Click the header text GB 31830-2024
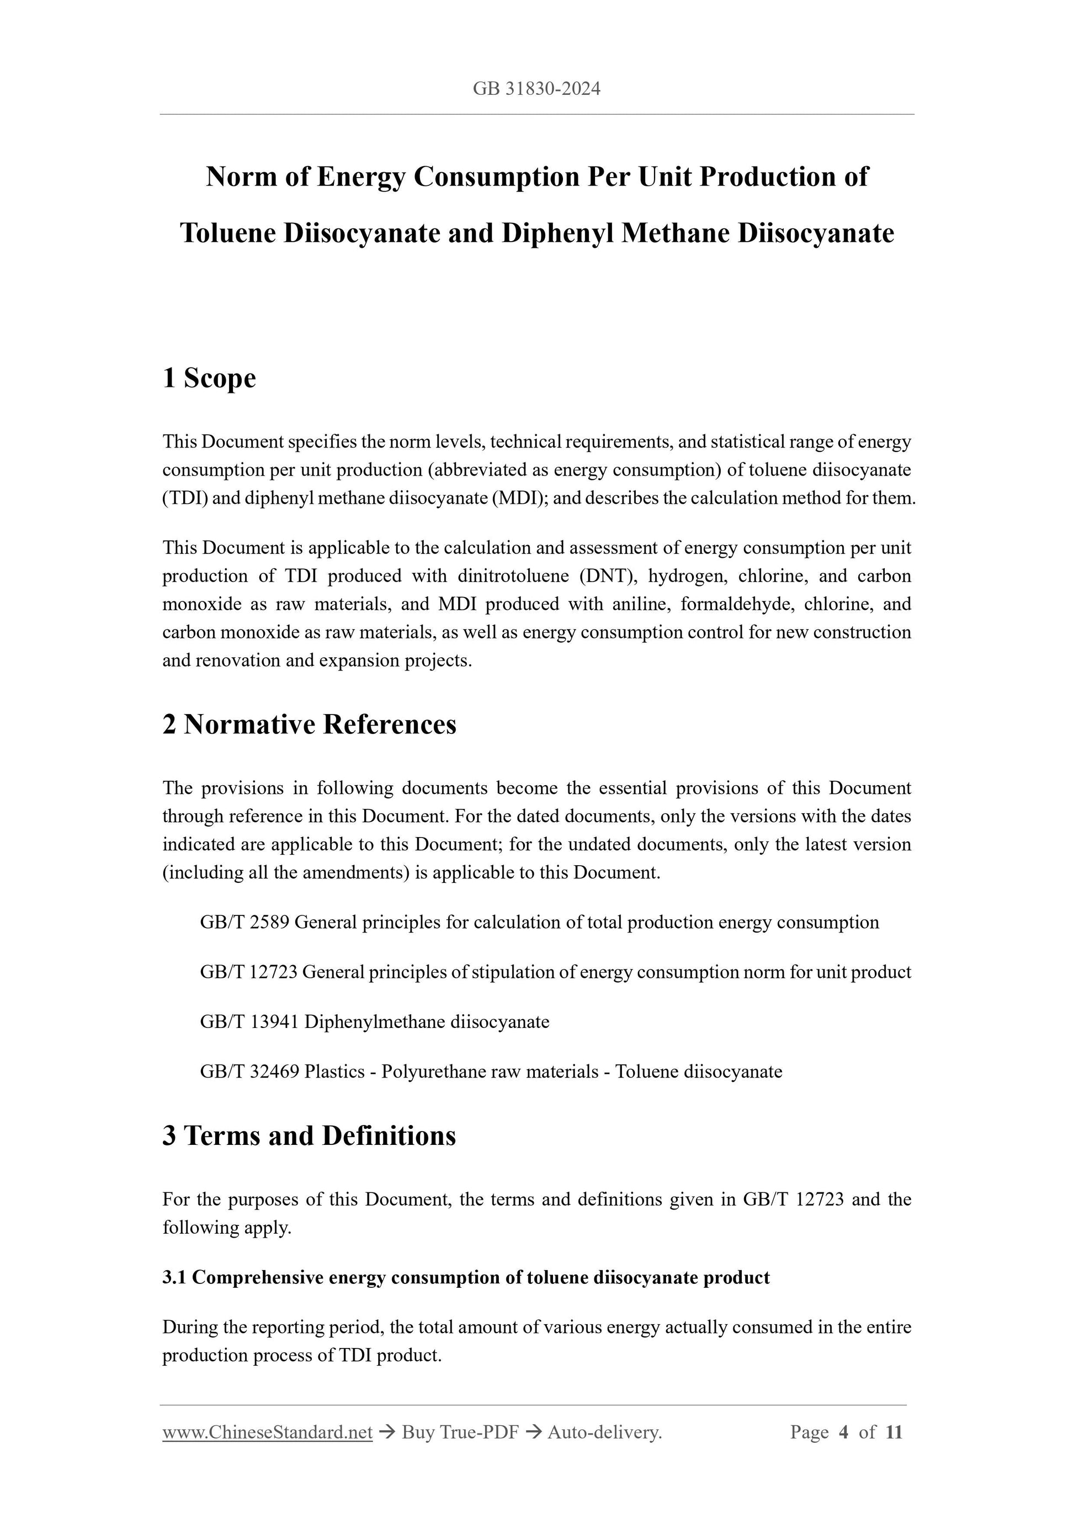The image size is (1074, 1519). (x=536, y=89)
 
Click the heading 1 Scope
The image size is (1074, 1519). (x=209, y=379)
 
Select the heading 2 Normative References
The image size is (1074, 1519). (x=309, y=724)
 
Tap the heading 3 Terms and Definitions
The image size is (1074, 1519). (x=309, y=1136)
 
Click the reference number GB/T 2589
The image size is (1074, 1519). (x=244, y=922)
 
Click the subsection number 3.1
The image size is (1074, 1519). (x=174, y=1277)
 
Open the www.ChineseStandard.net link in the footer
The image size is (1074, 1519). (x=267, y=1433)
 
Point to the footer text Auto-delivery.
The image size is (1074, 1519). (x=605, y=1433)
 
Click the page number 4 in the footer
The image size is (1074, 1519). (x=843, y=1433)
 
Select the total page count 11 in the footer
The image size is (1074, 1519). (x=894, y=1433)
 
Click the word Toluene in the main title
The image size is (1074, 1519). (x=227, y=233)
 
